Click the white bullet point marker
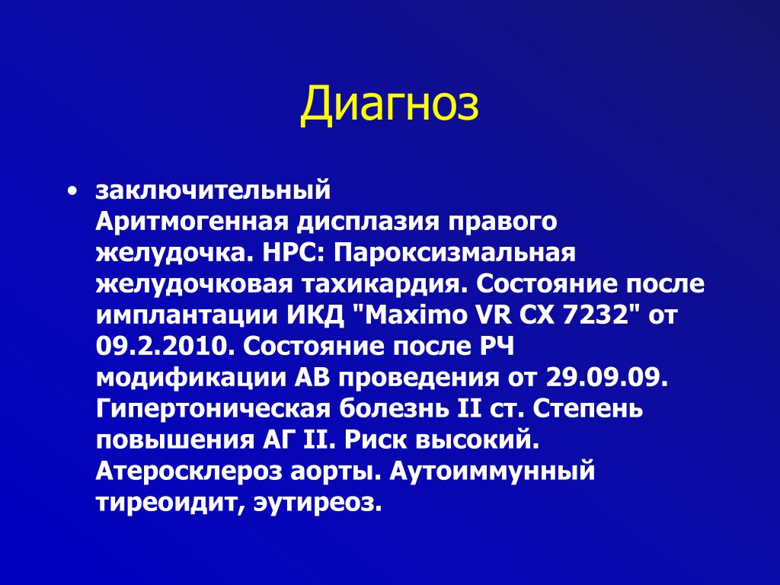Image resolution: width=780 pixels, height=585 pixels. [73, 190]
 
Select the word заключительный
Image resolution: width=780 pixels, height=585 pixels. [213, 190]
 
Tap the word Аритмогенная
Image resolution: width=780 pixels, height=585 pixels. [192, 222]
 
